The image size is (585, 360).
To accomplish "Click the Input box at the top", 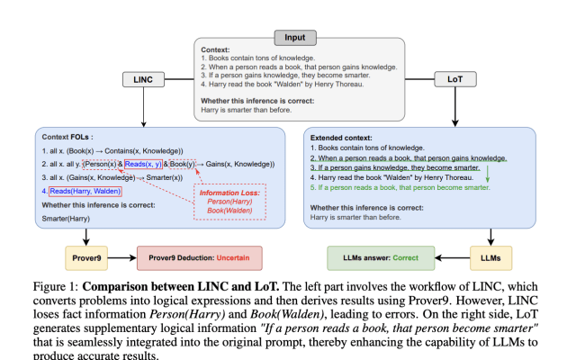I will click(x=295, y=39).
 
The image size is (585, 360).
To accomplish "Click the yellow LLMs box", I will click(x=491, y=256).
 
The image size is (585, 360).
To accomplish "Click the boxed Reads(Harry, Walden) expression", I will click(x=85, y=191).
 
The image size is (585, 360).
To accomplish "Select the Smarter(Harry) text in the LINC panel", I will click(x=66, y=217).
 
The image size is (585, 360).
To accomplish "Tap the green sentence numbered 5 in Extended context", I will click(x=400, y=187).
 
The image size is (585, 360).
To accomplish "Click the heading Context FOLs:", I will click(x=69, y=137).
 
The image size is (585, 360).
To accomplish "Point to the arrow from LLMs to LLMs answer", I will click(x=449, y=256).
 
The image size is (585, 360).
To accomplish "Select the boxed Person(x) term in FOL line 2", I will click(x=101, y=164).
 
